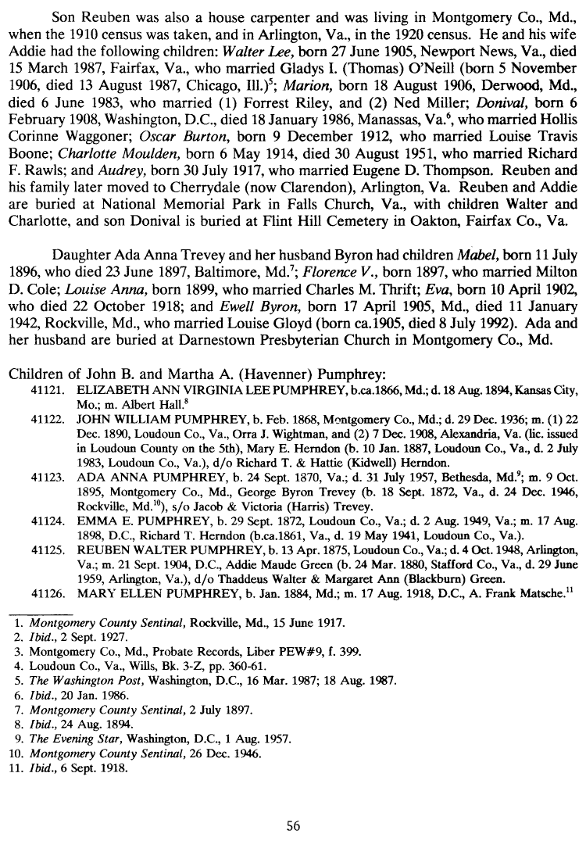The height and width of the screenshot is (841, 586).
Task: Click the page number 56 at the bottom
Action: [x=293, y=825]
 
